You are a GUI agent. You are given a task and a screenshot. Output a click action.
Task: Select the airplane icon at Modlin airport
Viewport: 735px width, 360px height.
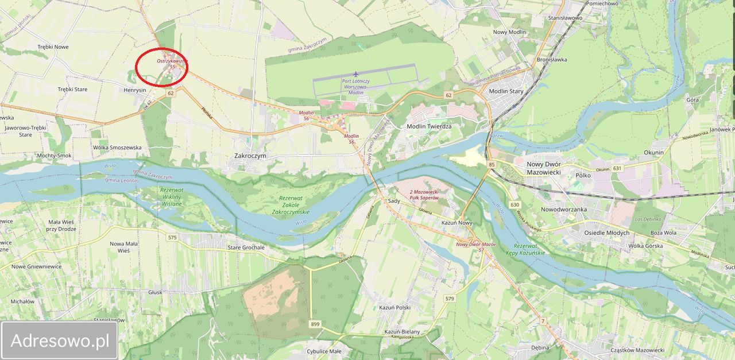[x=356, y=74]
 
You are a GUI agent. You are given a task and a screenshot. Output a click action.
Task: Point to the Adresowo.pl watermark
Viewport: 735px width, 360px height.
[x=60, y=340]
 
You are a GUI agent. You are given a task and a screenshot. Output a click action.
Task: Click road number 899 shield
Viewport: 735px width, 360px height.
[x=315, y=324]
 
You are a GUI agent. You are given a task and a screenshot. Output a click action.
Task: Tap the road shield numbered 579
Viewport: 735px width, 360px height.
[x=450, y=299]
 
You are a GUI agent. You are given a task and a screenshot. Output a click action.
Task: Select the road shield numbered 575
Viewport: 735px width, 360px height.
[x=172, y=237]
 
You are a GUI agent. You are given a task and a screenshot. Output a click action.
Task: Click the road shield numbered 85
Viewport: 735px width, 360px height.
[x=492, y=165]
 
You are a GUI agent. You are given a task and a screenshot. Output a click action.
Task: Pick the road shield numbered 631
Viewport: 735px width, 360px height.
[x=617, y=168]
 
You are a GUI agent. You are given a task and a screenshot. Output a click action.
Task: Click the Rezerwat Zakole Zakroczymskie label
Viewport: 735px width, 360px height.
[x=290, y=205]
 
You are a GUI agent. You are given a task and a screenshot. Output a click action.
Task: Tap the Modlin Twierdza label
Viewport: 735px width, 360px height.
[x=429, y=126]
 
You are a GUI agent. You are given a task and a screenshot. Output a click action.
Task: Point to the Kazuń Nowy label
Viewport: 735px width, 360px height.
[x=457, y=222]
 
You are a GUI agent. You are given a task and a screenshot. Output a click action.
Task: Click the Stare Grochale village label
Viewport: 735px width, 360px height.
[x=246, y=247]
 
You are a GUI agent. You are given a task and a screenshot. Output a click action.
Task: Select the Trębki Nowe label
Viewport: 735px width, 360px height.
[x=53, y=47]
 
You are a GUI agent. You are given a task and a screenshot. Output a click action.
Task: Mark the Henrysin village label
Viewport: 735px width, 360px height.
[x=136, y=90]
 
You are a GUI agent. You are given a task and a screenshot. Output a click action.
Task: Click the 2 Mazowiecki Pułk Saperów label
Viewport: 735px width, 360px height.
[x=424, y=194]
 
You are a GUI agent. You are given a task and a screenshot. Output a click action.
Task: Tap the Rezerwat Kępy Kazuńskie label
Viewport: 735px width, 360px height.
[x=525, y=249]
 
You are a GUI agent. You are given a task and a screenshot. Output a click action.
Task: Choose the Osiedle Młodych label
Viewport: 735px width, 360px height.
[x=606, y=233]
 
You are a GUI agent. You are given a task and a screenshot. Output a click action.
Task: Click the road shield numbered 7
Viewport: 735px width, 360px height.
[x=543, y=321]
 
